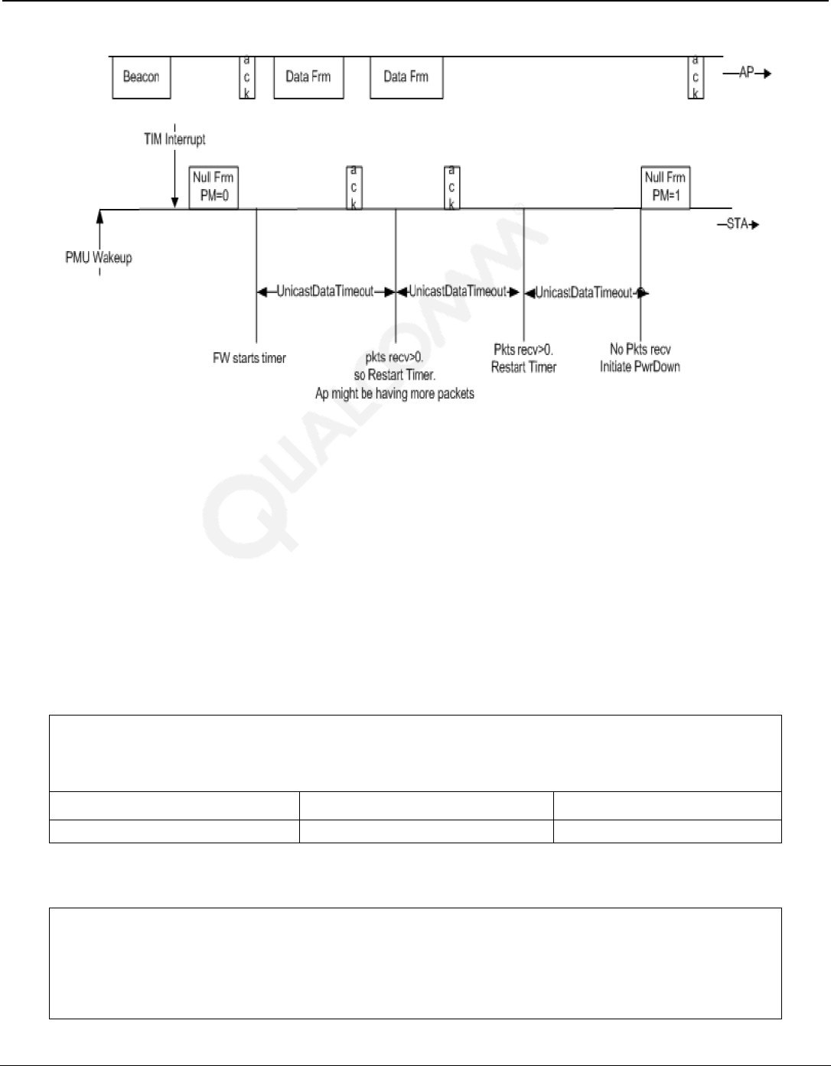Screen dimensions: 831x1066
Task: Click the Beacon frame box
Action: (141, 77)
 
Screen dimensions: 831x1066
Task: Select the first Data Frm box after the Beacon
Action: (308, 77)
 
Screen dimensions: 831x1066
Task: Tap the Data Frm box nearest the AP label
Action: (406, 77)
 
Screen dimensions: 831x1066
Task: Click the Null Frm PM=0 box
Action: (213, 187)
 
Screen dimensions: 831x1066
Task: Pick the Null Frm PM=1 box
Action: (665, 187)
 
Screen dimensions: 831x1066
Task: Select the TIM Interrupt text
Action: (174, 139)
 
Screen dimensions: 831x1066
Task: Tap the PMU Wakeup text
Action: (99, 257)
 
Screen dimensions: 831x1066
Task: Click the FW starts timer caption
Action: (249, 358)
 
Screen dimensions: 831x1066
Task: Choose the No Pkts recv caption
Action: (640, 350)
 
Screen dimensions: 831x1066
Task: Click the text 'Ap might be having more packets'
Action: (395, 393)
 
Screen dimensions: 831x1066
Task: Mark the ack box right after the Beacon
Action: (246, 77)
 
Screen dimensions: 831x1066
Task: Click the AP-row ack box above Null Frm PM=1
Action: (696, 77)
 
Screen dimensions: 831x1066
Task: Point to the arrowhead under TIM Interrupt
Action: (175, 203)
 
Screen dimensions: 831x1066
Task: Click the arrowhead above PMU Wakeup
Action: (99, 215)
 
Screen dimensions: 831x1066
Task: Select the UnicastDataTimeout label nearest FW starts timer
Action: (325, 292)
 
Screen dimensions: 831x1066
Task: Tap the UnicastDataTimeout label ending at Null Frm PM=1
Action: (585, 292)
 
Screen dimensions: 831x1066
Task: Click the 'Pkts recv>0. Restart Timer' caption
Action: (523, 358)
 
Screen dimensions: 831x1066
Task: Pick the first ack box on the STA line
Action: (354, 187)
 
